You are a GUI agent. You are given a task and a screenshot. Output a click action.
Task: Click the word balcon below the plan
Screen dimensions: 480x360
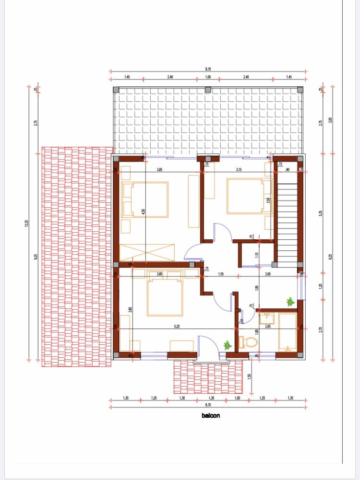point(211,416)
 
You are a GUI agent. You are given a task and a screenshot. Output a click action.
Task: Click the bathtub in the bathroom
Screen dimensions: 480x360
point(288,332)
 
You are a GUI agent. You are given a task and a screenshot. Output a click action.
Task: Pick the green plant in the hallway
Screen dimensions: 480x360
point(290,302)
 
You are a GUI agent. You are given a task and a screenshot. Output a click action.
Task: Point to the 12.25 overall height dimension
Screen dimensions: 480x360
point(27,223)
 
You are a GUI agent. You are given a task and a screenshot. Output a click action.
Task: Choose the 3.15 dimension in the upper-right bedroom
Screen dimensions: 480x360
point(238,169)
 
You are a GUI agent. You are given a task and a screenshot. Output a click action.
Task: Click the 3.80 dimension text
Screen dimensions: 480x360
point(131,310)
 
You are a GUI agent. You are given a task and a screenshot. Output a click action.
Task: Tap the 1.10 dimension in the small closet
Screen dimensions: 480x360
point(257,255)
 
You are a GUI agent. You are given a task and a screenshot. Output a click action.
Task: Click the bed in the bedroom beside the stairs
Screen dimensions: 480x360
point(245,196)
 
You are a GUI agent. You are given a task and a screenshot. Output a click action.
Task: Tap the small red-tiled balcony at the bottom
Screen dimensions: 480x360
point(207,376)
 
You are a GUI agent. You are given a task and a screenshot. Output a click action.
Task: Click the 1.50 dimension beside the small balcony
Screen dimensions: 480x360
point(250,376)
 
